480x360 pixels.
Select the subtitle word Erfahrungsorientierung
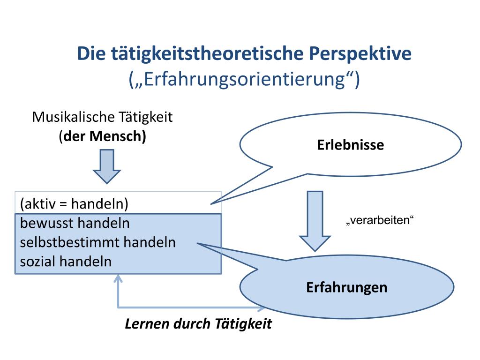(x=245, y=79)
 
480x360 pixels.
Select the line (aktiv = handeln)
(x=75, y=204)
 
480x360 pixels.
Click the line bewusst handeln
(x=75, y=223)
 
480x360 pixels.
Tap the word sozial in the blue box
(x=38, y=261)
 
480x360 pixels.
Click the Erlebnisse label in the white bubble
(x=350, y=145)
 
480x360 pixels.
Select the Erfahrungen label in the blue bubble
(x=347, y=287)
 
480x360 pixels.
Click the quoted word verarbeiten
(x=380, y=221)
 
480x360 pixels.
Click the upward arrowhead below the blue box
(x=118, y=279)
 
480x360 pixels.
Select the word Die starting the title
(x=92, y=53)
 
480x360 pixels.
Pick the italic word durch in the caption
(x=193, y=324)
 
